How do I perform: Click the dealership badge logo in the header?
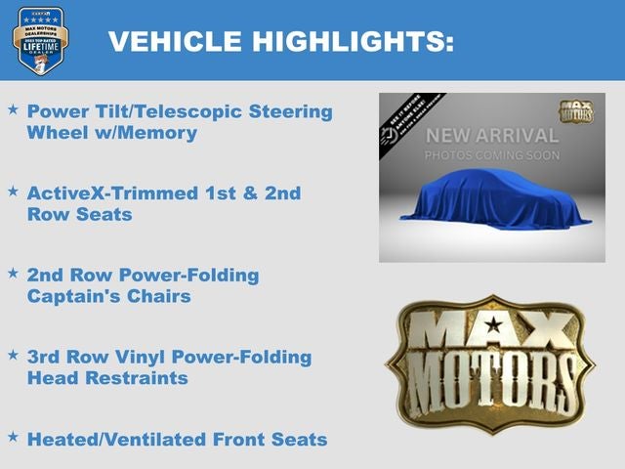click(x=41, y=40)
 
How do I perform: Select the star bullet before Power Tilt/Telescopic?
click(x=13, y=109)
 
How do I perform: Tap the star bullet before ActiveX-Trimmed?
click(x=13, y=192)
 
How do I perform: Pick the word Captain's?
click(x=73, y=296)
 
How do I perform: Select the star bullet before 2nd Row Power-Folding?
click(x=13, y=273)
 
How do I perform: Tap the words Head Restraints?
click(x=107, y=378)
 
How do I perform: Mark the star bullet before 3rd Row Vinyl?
click(x=13, y=355)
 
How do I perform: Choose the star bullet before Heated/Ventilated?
click(x=13, y=437)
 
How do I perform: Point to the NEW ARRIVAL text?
click(x=492, y=136)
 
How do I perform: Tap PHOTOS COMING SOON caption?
click(x=492, y=155)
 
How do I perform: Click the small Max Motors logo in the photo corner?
click(x=574, y=109)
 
